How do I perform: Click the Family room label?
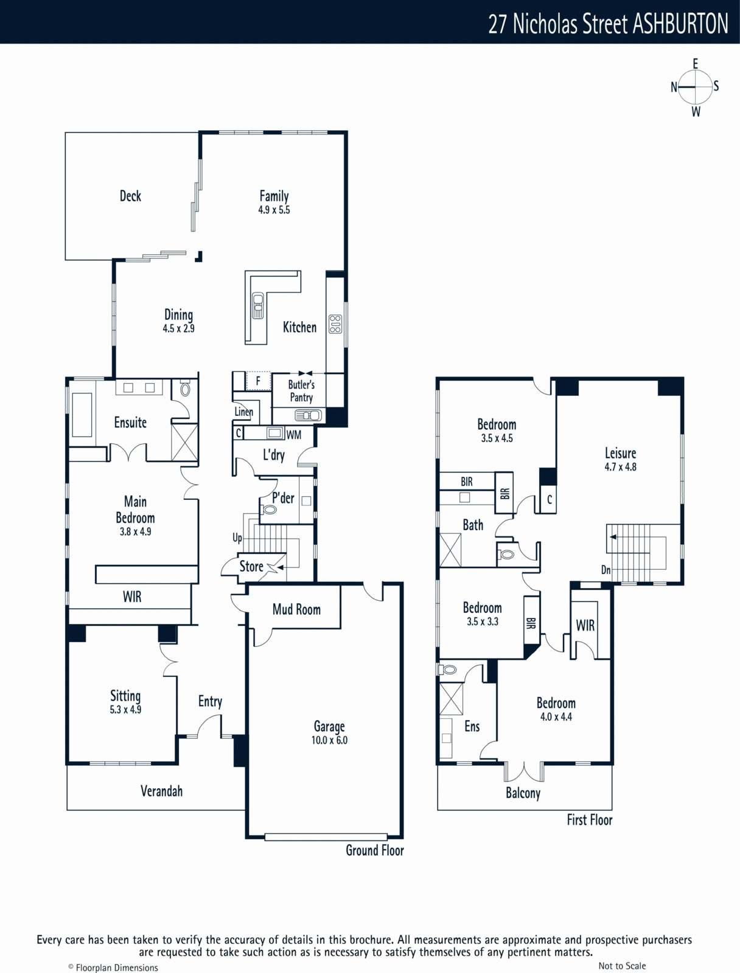pos(274,196)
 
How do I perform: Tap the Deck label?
pos(130,196)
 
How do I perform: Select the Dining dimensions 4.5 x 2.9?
pos(178,328)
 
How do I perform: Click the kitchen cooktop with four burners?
pos(335,324)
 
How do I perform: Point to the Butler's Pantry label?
pos(301,390)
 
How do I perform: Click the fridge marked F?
pos(258,381)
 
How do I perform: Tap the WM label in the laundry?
pos(293,435)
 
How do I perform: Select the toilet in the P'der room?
pos(269,510)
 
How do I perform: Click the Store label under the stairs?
pos(251,566)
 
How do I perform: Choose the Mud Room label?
pos(296,609)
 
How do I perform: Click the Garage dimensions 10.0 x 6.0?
pos(329,740)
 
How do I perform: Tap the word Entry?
pos(210,701)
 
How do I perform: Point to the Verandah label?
pos(161,791)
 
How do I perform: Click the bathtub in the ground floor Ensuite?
pos(82,415)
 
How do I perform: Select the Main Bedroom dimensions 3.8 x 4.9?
pos(135,532)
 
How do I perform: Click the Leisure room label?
pos(620,453)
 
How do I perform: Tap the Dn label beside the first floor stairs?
pos(606,570)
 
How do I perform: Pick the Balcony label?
pos(523,793)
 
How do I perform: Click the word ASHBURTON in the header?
pos(680,24)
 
